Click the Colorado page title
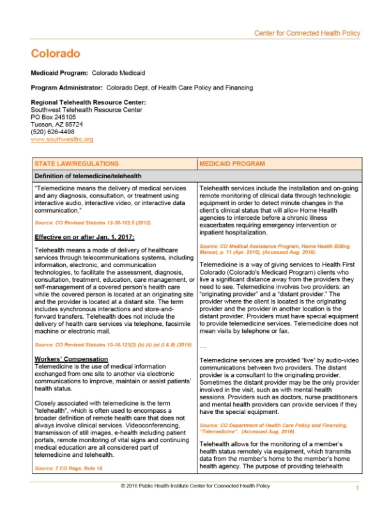tap(56, 53)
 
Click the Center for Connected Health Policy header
tap(307, 33)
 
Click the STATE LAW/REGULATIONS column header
tap(76, 164)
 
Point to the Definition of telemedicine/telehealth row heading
tap(88, 176)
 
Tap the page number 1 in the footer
tap(358, 487)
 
